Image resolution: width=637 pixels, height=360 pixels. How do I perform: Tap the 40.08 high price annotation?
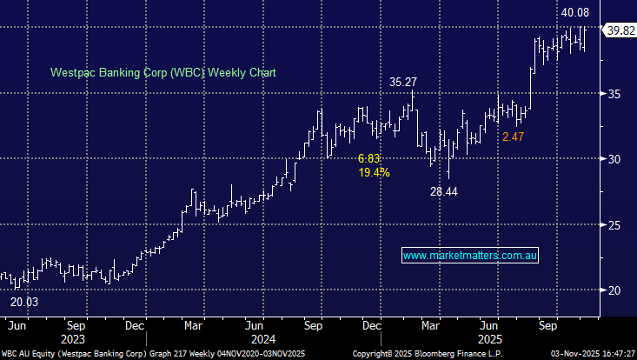[574, 12]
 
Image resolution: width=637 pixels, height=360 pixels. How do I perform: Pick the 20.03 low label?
[23, 302]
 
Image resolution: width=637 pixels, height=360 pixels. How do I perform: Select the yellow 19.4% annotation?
[374, 173]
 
